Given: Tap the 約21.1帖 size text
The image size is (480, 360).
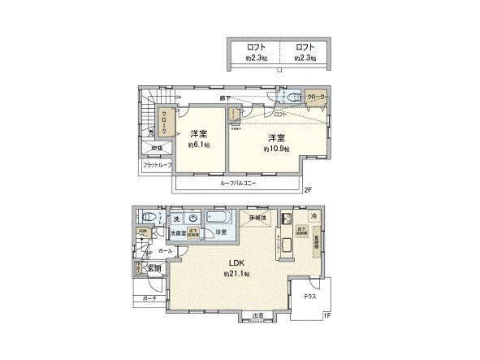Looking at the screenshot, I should [236, 275].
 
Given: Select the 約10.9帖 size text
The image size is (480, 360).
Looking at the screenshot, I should [275, 149].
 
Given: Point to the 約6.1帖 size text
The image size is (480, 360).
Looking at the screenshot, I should [197, 145].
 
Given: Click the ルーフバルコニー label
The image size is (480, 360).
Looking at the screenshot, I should [238, 184].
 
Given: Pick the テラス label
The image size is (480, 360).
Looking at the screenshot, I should [309, 297].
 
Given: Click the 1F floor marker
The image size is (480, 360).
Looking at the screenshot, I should [327, 314].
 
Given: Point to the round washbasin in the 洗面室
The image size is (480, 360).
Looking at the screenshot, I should [192, 218].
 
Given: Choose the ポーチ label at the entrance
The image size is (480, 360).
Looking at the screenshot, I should [149, 298].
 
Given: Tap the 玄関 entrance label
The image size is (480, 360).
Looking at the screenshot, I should [152, 268].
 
